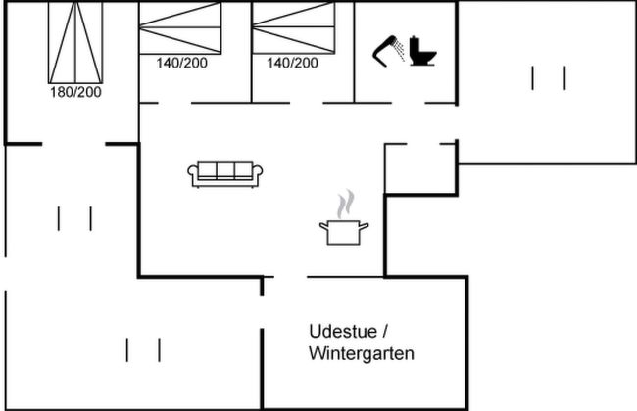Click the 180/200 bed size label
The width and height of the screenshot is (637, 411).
click(x=76, y=92)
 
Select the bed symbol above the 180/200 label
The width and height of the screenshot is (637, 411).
click(x=75, y=43)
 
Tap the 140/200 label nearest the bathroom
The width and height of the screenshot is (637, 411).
click(x=292, y=63)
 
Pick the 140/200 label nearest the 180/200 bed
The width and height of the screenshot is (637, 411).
click(x=181, y=63)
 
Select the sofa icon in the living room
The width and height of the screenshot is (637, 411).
click(x=226, y=174)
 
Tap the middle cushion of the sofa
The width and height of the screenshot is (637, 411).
click(x=226, y=172)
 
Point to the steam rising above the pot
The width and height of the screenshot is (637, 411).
click(x=343, y=205)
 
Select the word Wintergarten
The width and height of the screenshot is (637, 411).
click(x=361, y=353)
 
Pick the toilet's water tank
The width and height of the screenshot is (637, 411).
click(x=416, y=44)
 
